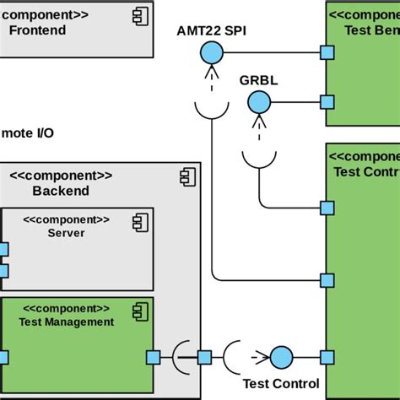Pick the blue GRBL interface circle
point(257,103)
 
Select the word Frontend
point(36,30)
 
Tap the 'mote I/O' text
point(28,132)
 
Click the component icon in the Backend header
point(185,176)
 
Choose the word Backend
point(61,191)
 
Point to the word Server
point(66,232)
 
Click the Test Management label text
point(66,321)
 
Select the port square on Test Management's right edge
point(153,356)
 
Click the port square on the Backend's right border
point(203,356)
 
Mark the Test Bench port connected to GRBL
point(327,103)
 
